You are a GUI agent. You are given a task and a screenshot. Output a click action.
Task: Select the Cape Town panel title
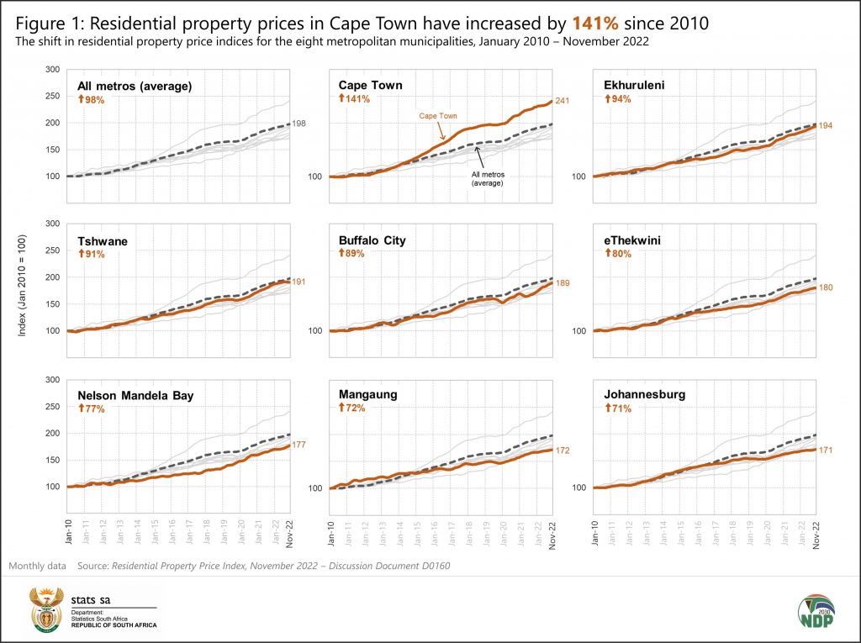click(370, 85)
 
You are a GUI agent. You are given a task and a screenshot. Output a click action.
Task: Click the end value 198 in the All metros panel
click(299, 124)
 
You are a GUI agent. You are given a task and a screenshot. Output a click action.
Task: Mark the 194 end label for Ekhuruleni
click(825, 126)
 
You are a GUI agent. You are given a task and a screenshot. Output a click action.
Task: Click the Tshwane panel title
click(103, 241)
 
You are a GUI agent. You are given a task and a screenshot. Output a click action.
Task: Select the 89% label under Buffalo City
click(353, 254)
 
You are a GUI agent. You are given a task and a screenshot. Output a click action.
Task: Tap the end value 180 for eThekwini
click(825, 288)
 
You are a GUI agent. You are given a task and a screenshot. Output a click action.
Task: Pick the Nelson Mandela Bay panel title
click(135, 395)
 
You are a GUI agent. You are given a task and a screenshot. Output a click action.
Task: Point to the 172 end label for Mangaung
click(563, 451)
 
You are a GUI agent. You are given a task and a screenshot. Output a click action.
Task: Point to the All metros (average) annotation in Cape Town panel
click(486, 177)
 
